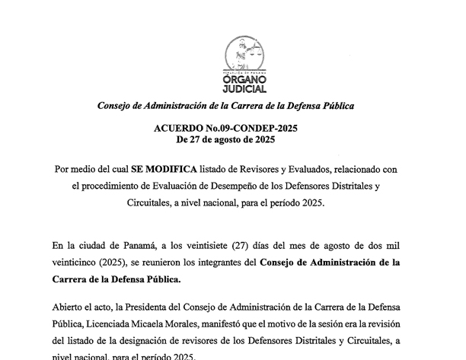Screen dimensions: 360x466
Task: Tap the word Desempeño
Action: (x=244, y=186)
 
